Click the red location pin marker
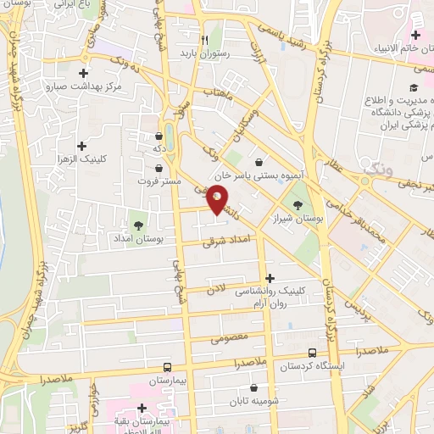click(217, 199)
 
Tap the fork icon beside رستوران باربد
click(204, 39)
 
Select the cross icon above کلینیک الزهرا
click(81, 146)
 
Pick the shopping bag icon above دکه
click(159, 136)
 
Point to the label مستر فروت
click(159, 181)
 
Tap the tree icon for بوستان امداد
click(137, 225)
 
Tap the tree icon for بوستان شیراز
click(297, 204)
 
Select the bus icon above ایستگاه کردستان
click(313, 353)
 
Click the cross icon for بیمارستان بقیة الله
click(142, 408)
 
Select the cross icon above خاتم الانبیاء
click(415, 35)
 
